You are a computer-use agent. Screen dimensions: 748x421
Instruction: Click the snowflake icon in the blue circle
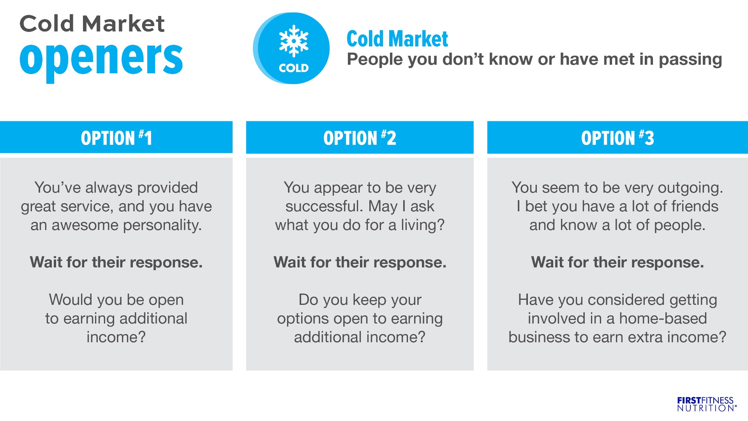[294, 41]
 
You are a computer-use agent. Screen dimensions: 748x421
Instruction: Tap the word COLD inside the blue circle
[294, 68]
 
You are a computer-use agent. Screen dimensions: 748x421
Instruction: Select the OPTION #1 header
[116, 138]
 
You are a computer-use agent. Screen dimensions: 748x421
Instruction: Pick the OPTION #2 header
[360, 138]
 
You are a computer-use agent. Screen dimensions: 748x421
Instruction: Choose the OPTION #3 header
[617, 138]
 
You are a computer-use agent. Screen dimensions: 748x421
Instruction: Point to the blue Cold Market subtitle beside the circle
[397, 39]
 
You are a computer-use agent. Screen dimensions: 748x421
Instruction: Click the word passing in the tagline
[690, 60]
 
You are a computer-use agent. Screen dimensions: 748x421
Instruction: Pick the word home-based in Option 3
[663, 318]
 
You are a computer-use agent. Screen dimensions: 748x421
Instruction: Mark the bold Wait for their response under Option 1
[116, 262]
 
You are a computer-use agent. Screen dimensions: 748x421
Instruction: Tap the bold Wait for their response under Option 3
[617, 262]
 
